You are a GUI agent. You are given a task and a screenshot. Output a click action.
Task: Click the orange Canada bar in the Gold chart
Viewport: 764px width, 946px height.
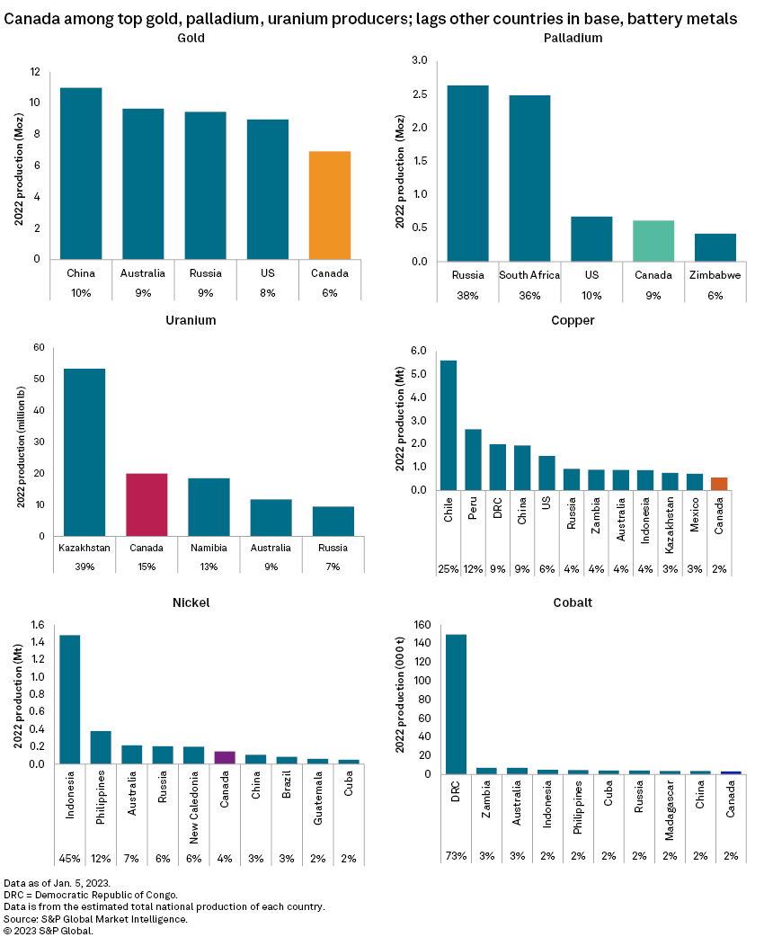[x=330, y=205]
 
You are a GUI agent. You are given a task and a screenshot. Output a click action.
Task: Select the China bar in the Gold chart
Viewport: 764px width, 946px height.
[x=81, y=174]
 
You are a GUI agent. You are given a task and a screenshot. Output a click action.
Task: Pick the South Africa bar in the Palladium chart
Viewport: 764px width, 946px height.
[x=529, y=178]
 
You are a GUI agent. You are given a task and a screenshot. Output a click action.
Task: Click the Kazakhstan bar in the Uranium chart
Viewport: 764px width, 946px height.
[x=84, y=452]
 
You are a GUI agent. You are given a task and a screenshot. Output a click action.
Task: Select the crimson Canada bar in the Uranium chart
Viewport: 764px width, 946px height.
[x=147, y=504]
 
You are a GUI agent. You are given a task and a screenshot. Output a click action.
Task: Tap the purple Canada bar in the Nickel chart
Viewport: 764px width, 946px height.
[x=225, y=757]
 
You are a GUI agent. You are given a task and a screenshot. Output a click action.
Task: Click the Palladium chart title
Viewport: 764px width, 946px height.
[x=573, y=38]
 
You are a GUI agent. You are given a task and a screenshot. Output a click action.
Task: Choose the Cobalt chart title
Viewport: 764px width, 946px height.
[x=573, y=602]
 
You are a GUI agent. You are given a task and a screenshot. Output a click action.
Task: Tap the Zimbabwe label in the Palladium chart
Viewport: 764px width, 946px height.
[x=715, y=275]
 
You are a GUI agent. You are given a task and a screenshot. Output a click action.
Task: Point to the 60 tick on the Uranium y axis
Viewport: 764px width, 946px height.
[x=38, y=347]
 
